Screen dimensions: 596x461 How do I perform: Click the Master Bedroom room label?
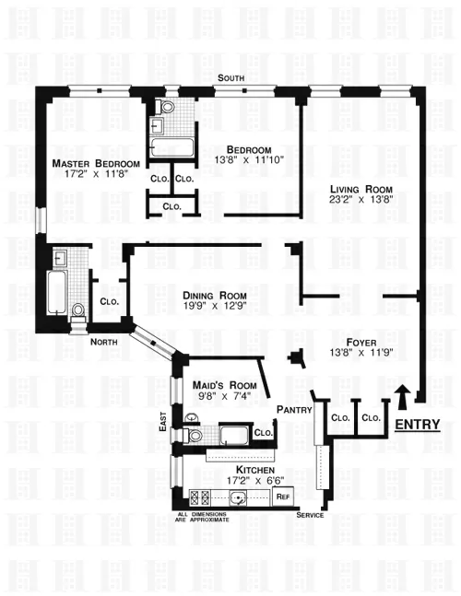(90, 163)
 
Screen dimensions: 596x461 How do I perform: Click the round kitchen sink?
(241, 499)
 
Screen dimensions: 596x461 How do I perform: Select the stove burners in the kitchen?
(195, 497)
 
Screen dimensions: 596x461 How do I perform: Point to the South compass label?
(230, 78)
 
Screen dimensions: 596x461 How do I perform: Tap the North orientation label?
(104, 342)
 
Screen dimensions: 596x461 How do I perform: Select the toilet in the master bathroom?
(78, 310)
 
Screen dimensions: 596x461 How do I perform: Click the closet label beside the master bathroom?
(108, 300)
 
